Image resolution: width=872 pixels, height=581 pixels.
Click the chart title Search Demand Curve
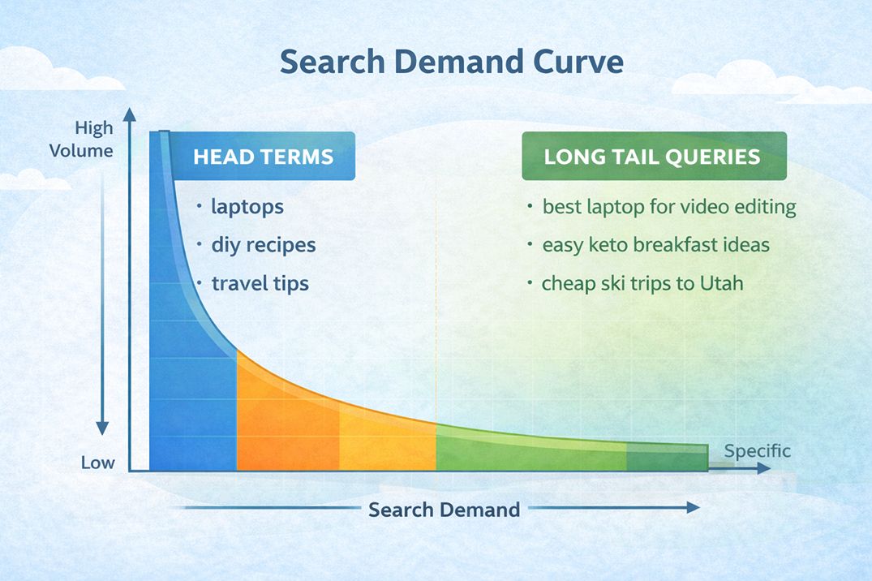click(451, 62)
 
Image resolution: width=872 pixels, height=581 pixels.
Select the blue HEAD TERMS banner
click(263, 157)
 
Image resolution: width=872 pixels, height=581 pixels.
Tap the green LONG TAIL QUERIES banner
click(653, 157)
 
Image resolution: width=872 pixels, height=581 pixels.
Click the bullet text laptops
click(247, 207)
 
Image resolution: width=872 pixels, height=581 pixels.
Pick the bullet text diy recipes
click(263, 244)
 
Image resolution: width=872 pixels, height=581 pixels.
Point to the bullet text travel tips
click(260, 283)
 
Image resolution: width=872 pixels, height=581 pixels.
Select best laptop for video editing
click(668, 207)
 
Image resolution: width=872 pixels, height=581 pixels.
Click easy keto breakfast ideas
click(655, 244)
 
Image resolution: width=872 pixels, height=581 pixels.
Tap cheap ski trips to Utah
click(642, 283)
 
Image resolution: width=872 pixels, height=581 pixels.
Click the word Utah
click(724, 283)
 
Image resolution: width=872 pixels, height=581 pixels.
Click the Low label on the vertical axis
click(97, 463)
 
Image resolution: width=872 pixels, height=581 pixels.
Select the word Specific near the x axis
click(756, 451)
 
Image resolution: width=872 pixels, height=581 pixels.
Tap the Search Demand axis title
click(444, 510)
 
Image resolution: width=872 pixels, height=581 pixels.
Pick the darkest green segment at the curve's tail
click(666, 459)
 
